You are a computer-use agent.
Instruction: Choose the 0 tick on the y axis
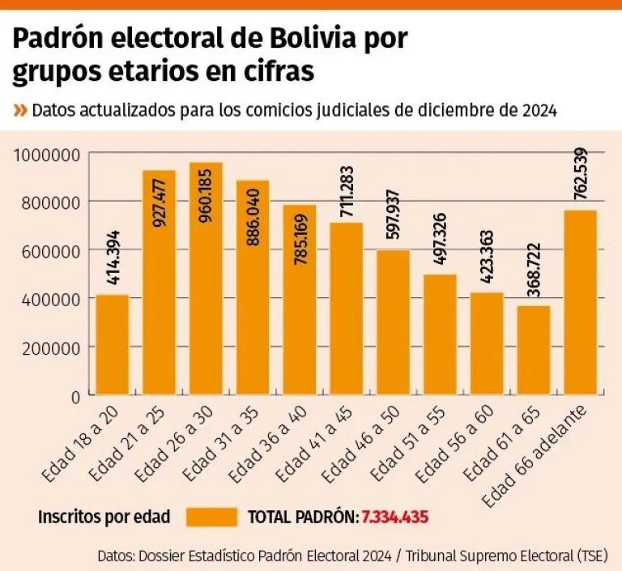[74, 396]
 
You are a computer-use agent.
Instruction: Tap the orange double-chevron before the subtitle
[20, 110]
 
